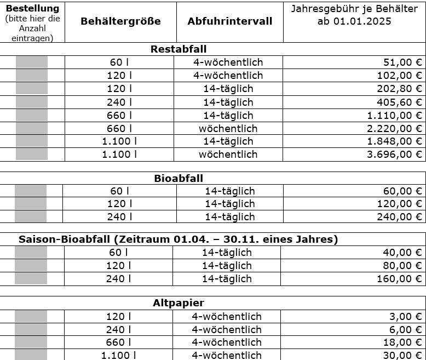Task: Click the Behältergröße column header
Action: point(120,21)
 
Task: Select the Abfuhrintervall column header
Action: point(229,21)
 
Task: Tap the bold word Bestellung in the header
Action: point(32,8)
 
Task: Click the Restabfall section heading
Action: point(178,49)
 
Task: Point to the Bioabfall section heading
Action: point(179,179)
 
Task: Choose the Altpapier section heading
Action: point(179,303)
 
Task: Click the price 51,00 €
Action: point(400,62)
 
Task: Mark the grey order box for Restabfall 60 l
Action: point(32,62)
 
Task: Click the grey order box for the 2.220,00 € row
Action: point(32,128)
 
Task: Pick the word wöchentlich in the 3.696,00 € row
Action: point(228,155)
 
